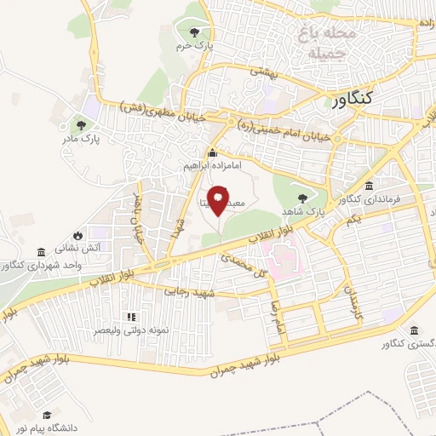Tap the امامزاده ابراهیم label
[209, 166]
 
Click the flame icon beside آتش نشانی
[78, 235]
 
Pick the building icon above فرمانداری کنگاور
[369, 187]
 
